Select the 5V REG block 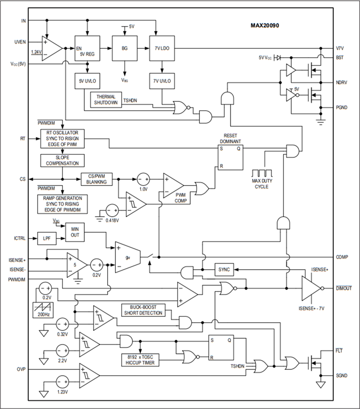click(88, 48)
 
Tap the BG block click(125, 48)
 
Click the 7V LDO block click(162, 48)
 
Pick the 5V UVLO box click(88, 81)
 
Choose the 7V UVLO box click(162, 81)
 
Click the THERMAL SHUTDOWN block click(106, 100)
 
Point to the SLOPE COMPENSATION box click(62, 161)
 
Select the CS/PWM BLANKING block click(96, 179)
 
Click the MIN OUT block click(75, 233)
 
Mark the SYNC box click(224, 270)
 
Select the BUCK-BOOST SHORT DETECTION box click(143, 310)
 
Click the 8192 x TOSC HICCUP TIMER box click(140, 360)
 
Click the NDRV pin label click(341, 82)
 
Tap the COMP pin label click(342, 257)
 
